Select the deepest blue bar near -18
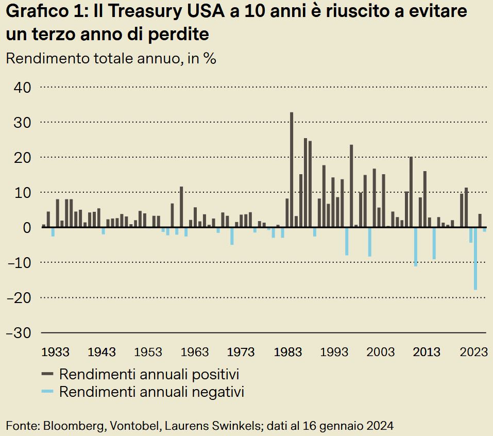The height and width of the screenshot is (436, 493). click(x=475, y=258)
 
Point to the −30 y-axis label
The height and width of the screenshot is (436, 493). click(x=20, y=333)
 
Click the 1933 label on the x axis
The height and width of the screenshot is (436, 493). click(x=55, y=352)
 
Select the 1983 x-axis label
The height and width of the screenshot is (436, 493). click(x=288, y=352)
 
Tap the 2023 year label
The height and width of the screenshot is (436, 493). click(x=473, y=352)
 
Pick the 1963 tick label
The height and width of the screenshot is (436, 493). click(x=195, y=352)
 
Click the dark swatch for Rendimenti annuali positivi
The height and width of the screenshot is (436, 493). click(x=47, y=374)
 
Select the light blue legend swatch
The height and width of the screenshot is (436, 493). click(x=47, y=392)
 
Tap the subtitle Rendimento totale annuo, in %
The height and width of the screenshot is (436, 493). click(x=111, y=58)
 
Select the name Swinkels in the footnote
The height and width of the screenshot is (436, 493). click(x=236, y=426)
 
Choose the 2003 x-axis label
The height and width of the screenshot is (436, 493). click(x=381, y=352)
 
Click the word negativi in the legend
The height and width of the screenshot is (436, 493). click(x=219, y=392)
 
